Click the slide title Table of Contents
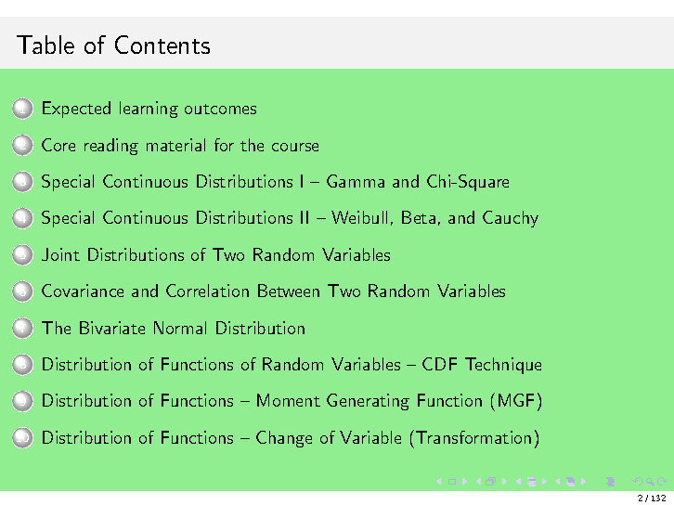pyautogui.click(x=113, y=45)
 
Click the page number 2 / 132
pyautogui.click(x=652, y=499)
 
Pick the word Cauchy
pyautogui.click(x=509, y=218)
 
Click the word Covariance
pyautogui.click(x=83, y=291)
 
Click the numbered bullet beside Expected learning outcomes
pyautogui.click(x=23, y=110)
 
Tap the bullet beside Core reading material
pyautogui.click(x=23, y=146)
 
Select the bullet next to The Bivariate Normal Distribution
pyautogui.click(x=23, y=329)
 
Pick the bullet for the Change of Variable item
pyautogui.click(x=23, y=438)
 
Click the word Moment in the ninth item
pyautogui.click(x=287, y=401)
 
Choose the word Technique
pyautogui.click(x=504, y=365)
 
